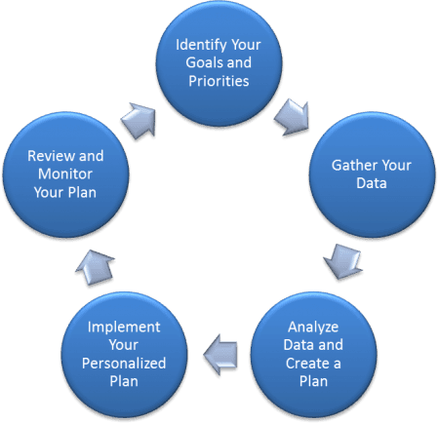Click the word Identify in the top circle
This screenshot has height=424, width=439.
[201, 46]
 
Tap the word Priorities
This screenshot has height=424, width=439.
[219, 81]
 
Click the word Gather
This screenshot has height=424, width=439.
[354, 166]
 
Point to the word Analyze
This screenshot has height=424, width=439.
[313, 328]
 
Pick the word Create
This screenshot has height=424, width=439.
[307, 364]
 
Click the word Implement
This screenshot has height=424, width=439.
[124, 328]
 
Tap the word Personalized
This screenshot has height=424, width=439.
[124, 364]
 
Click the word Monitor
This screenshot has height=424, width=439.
[65, 174]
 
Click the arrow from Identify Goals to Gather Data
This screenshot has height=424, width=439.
[292, 117]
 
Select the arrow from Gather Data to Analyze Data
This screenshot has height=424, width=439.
[342, 262]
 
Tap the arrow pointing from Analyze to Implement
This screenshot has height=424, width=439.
[220, 355]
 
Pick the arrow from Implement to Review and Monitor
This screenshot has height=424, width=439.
[95, 267]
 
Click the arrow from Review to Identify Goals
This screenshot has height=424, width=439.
[139, 121]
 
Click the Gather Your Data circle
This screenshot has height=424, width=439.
[372, 174]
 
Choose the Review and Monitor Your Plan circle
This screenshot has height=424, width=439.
[65, 174]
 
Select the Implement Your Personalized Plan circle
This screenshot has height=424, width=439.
[124, 355]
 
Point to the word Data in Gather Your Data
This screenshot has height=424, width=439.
[372, 183]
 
